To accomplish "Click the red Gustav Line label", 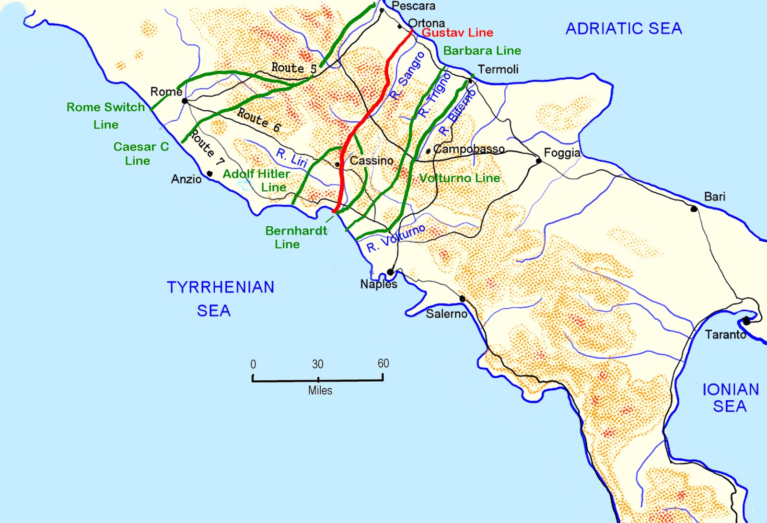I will (x=457, y=33).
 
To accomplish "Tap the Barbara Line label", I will (x=482, y=51).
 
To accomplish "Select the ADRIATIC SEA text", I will (x=624, y=29).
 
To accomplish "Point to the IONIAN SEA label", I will (x=730, y=397).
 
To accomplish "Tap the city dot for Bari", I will (x=694, y=209).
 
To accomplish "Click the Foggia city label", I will (x=562, y=153).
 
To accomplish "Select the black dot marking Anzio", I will (x=209, y=174).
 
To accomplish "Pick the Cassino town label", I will (x=371, y=161).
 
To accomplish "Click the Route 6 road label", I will (x=259, y=120).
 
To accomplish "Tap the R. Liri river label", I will (x=291, y=158).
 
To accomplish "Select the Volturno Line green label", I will (x=459, y=178).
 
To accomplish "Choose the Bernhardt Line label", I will (x=296, y=237).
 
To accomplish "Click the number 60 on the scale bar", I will (x=383, y=363).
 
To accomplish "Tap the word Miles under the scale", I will (x=320, y=391).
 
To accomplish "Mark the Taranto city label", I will (x=725, y=335).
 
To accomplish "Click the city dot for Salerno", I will (x=462, y=299).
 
